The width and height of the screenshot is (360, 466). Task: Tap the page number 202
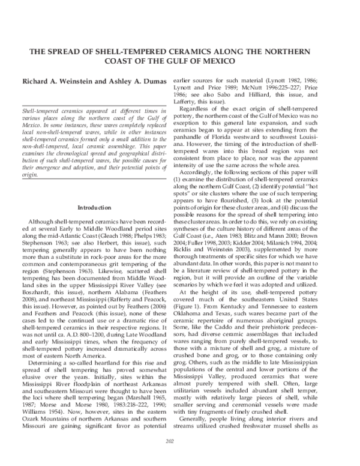coord(179,458)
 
